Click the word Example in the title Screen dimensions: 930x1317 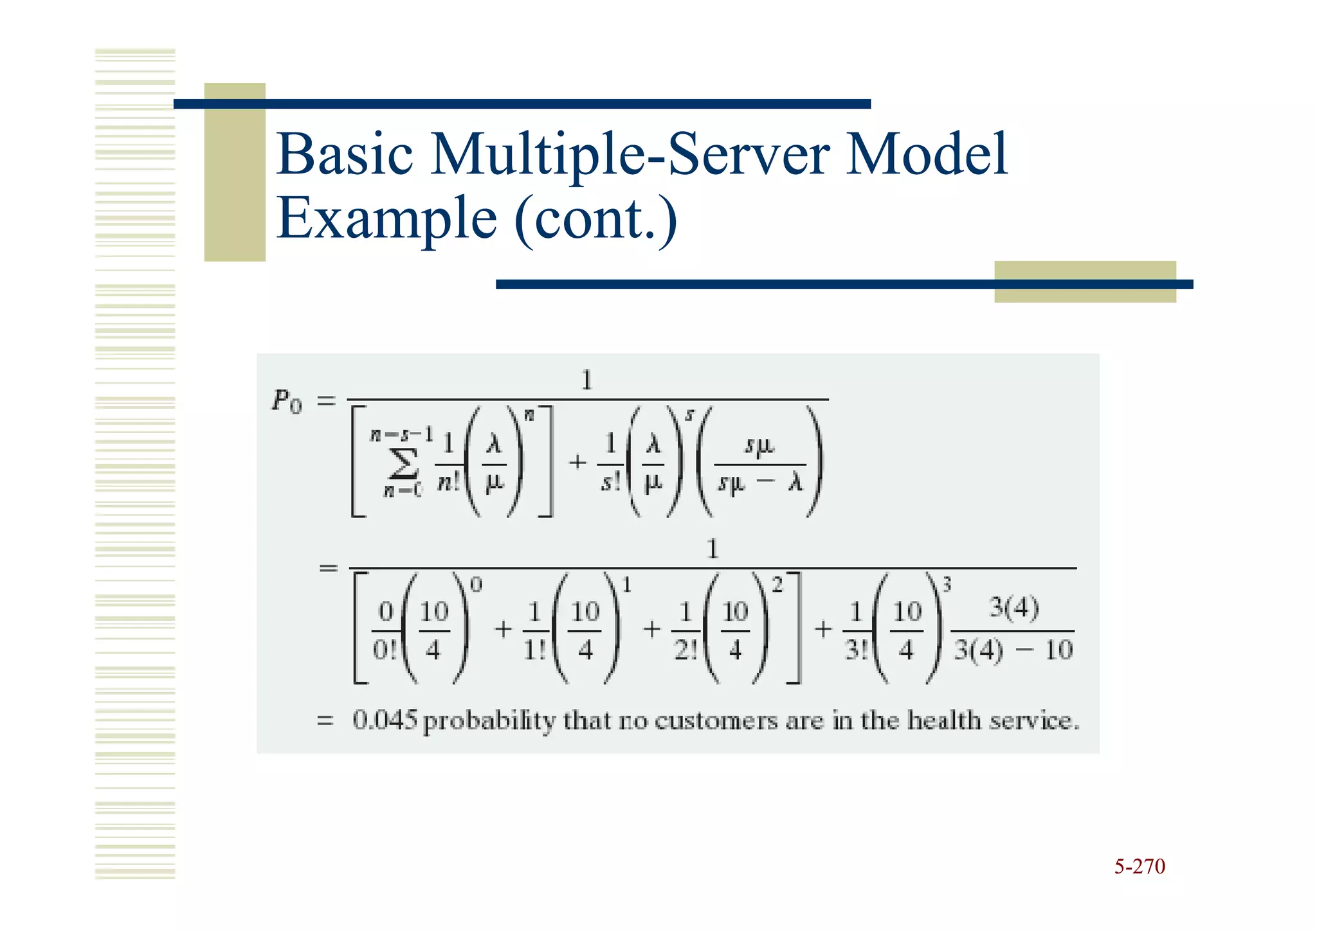(386, 219)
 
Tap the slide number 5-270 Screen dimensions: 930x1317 (1139, 866)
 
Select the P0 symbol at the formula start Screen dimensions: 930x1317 (287, 402)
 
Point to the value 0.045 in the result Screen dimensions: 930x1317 (385, 720)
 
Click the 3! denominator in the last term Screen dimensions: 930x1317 (856, 650)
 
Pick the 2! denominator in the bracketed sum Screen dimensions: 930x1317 (685, 650)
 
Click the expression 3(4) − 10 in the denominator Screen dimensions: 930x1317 (1013, 650)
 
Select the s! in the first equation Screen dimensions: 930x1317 (610, 482)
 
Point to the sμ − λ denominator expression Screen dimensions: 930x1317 (760, 482)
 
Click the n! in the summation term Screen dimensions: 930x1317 (449, 482)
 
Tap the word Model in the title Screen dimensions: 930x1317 (926, 154)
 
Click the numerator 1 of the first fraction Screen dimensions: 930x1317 (586, 380)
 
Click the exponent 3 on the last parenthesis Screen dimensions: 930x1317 (947, 584)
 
